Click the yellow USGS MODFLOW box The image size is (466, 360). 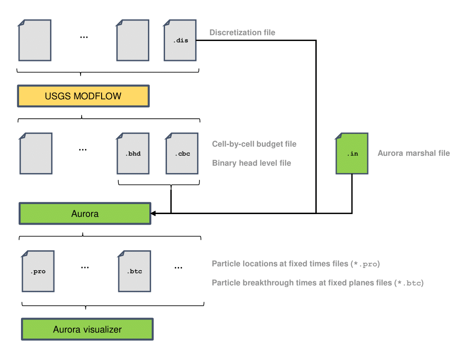(x=83, y=96)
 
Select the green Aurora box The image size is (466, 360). (x=84, y=213)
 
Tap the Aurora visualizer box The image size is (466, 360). (x=87, y=329)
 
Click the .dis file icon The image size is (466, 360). (x=180, y=40)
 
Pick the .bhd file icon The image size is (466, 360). (x=133, y=154)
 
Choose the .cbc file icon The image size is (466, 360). (x=182, y=154)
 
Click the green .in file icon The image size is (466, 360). (x=352, y=154)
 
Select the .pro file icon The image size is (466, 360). (x=38, y=271)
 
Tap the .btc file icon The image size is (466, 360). (x=135, y=271)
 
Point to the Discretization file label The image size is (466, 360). (x=242, y=32)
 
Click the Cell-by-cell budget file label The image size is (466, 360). (x=254, y=144)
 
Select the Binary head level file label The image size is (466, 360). (x=251, y=163)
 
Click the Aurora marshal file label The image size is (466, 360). (x=414, y=153)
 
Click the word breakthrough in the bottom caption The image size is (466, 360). (x=266, y=283)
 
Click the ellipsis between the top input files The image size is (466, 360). (x=84, y=37)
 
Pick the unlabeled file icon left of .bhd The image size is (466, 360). (x=36, y=154)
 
